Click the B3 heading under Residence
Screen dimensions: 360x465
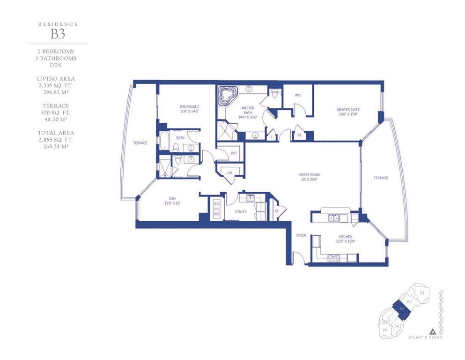pyautogui.click(x=58, y=34)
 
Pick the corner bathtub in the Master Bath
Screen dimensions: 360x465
pyautogui.click(x=228, y=97)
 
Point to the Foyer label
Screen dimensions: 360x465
pyautogui.click(x=300, y=235)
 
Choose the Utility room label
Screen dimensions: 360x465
pyautogui.click(x=240, y=211)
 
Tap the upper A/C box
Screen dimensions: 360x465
pyautogui.click(x=217, y=204)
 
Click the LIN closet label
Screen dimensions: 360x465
pyautogui.click(x=229, y=173)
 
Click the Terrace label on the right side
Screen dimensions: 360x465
pyautogui.click(x=380, y=178)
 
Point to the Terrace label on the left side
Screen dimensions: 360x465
pyautogui.click(x=140, y=143)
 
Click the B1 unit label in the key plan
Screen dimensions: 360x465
pyautogui.click(x=422, y=293)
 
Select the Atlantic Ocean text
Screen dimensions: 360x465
pyautogui.click(x=425, y=337)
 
